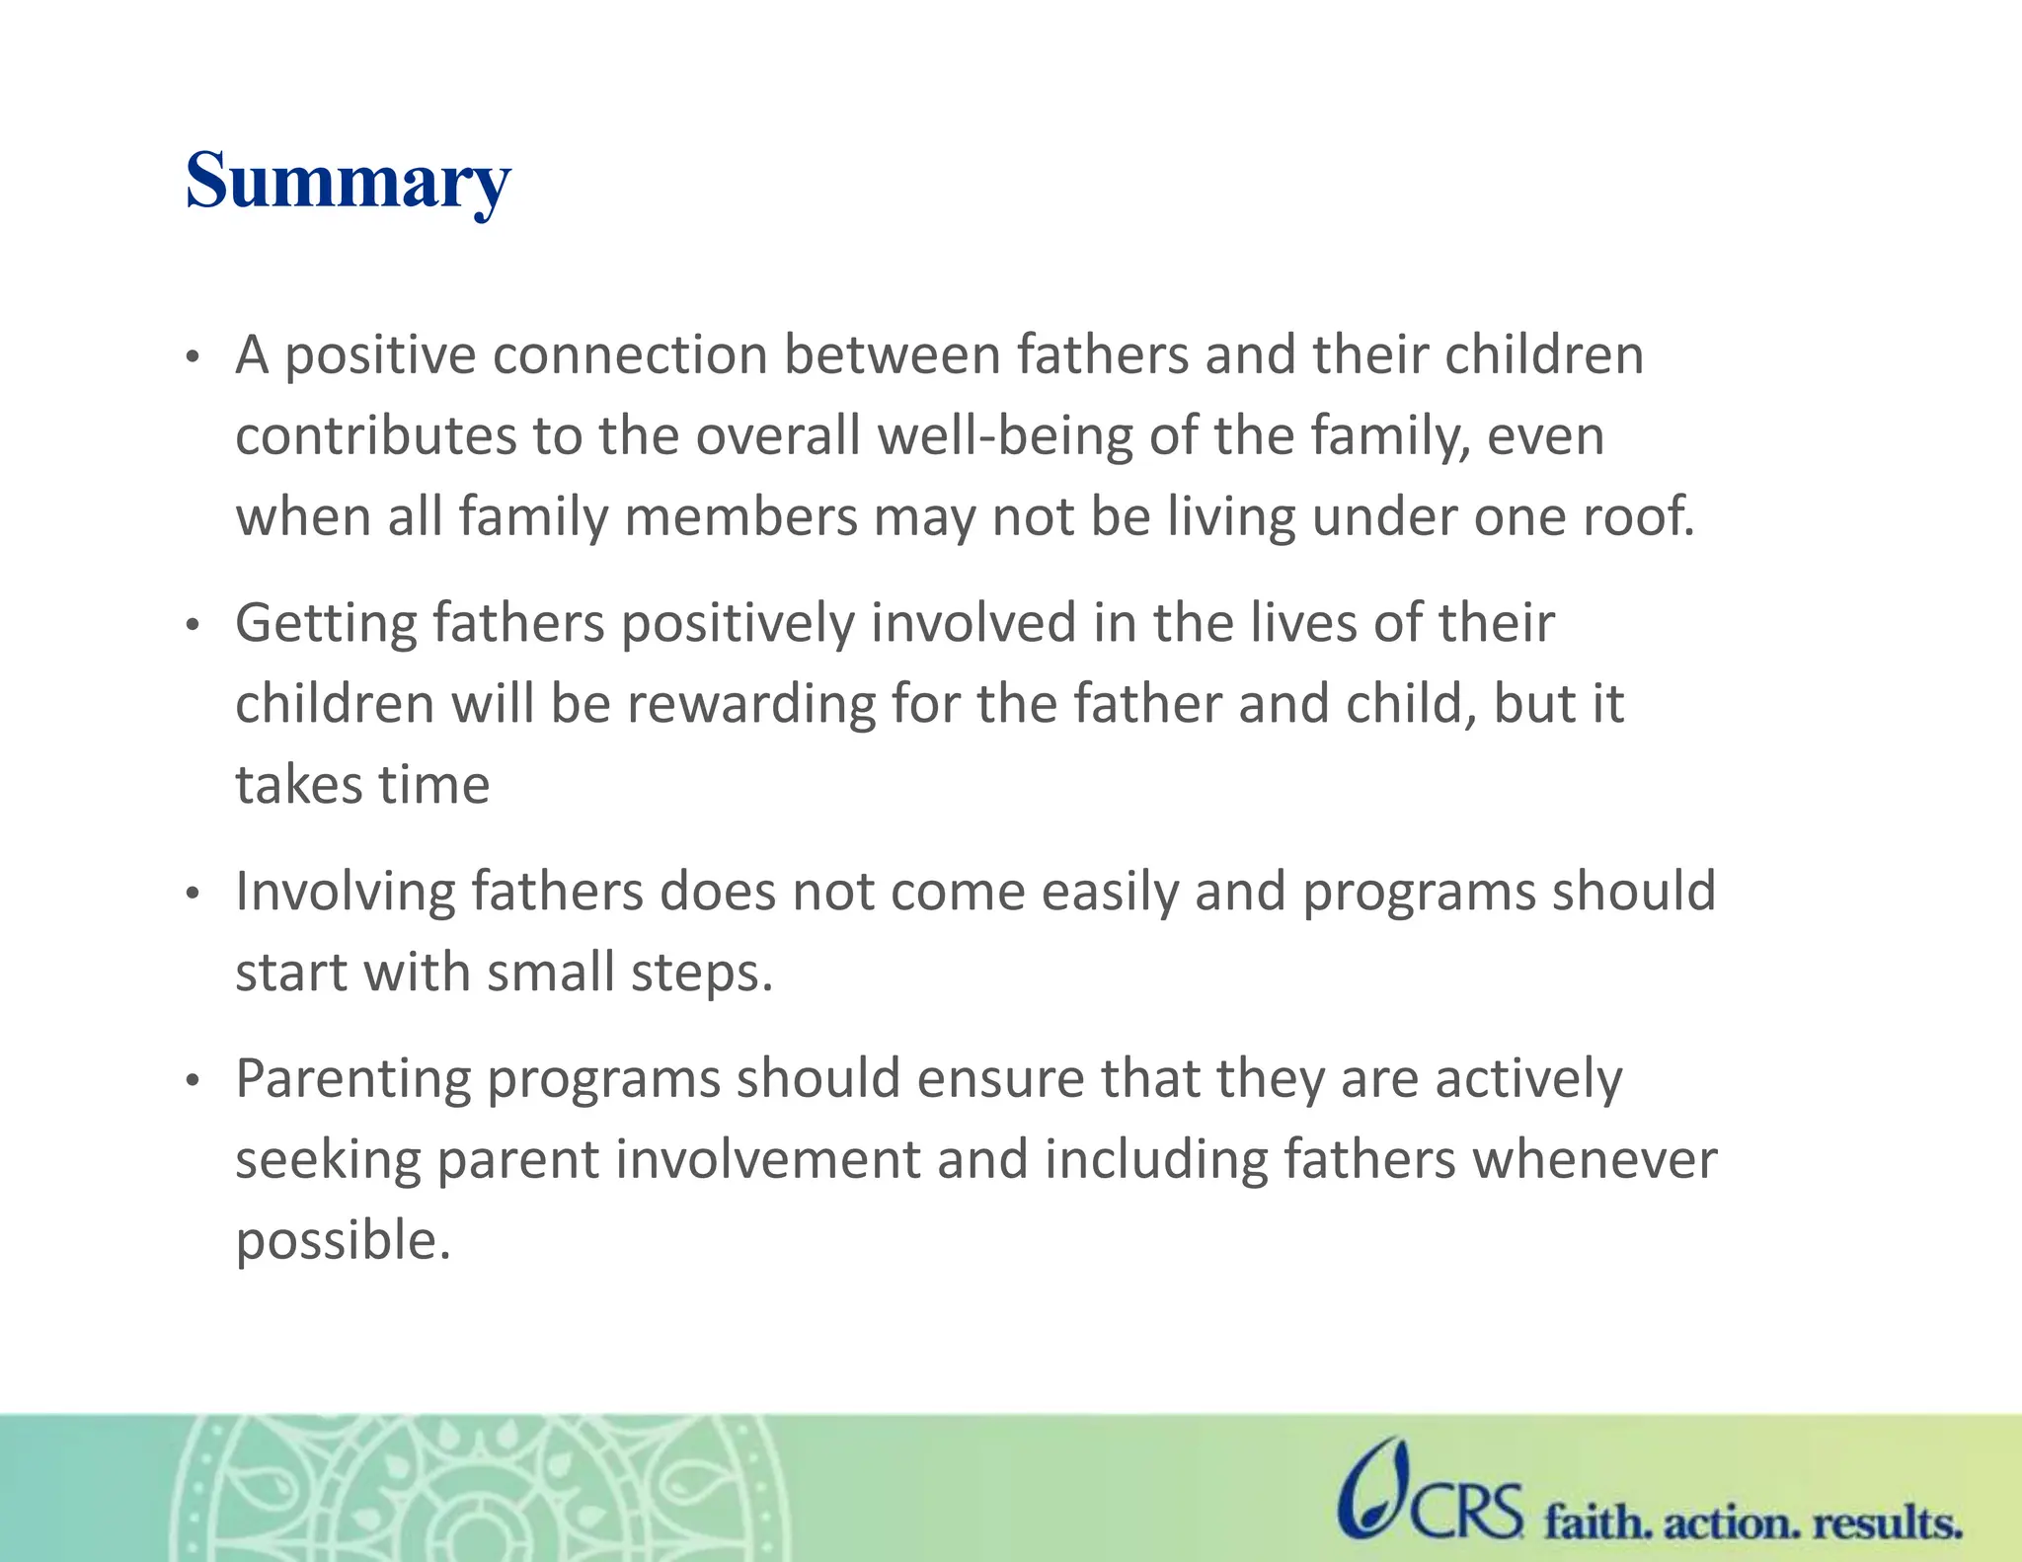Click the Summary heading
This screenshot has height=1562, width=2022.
point(348,182)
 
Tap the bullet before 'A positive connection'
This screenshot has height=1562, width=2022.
point(194,356)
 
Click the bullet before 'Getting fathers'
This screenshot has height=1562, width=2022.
point(194,625)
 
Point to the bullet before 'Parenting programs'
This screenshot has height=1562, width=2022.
point(194,1080)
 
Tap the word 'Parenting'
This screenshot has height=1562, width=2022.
point(352,1079)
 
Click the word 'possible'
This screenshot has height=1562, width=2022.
point(342,1241)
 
